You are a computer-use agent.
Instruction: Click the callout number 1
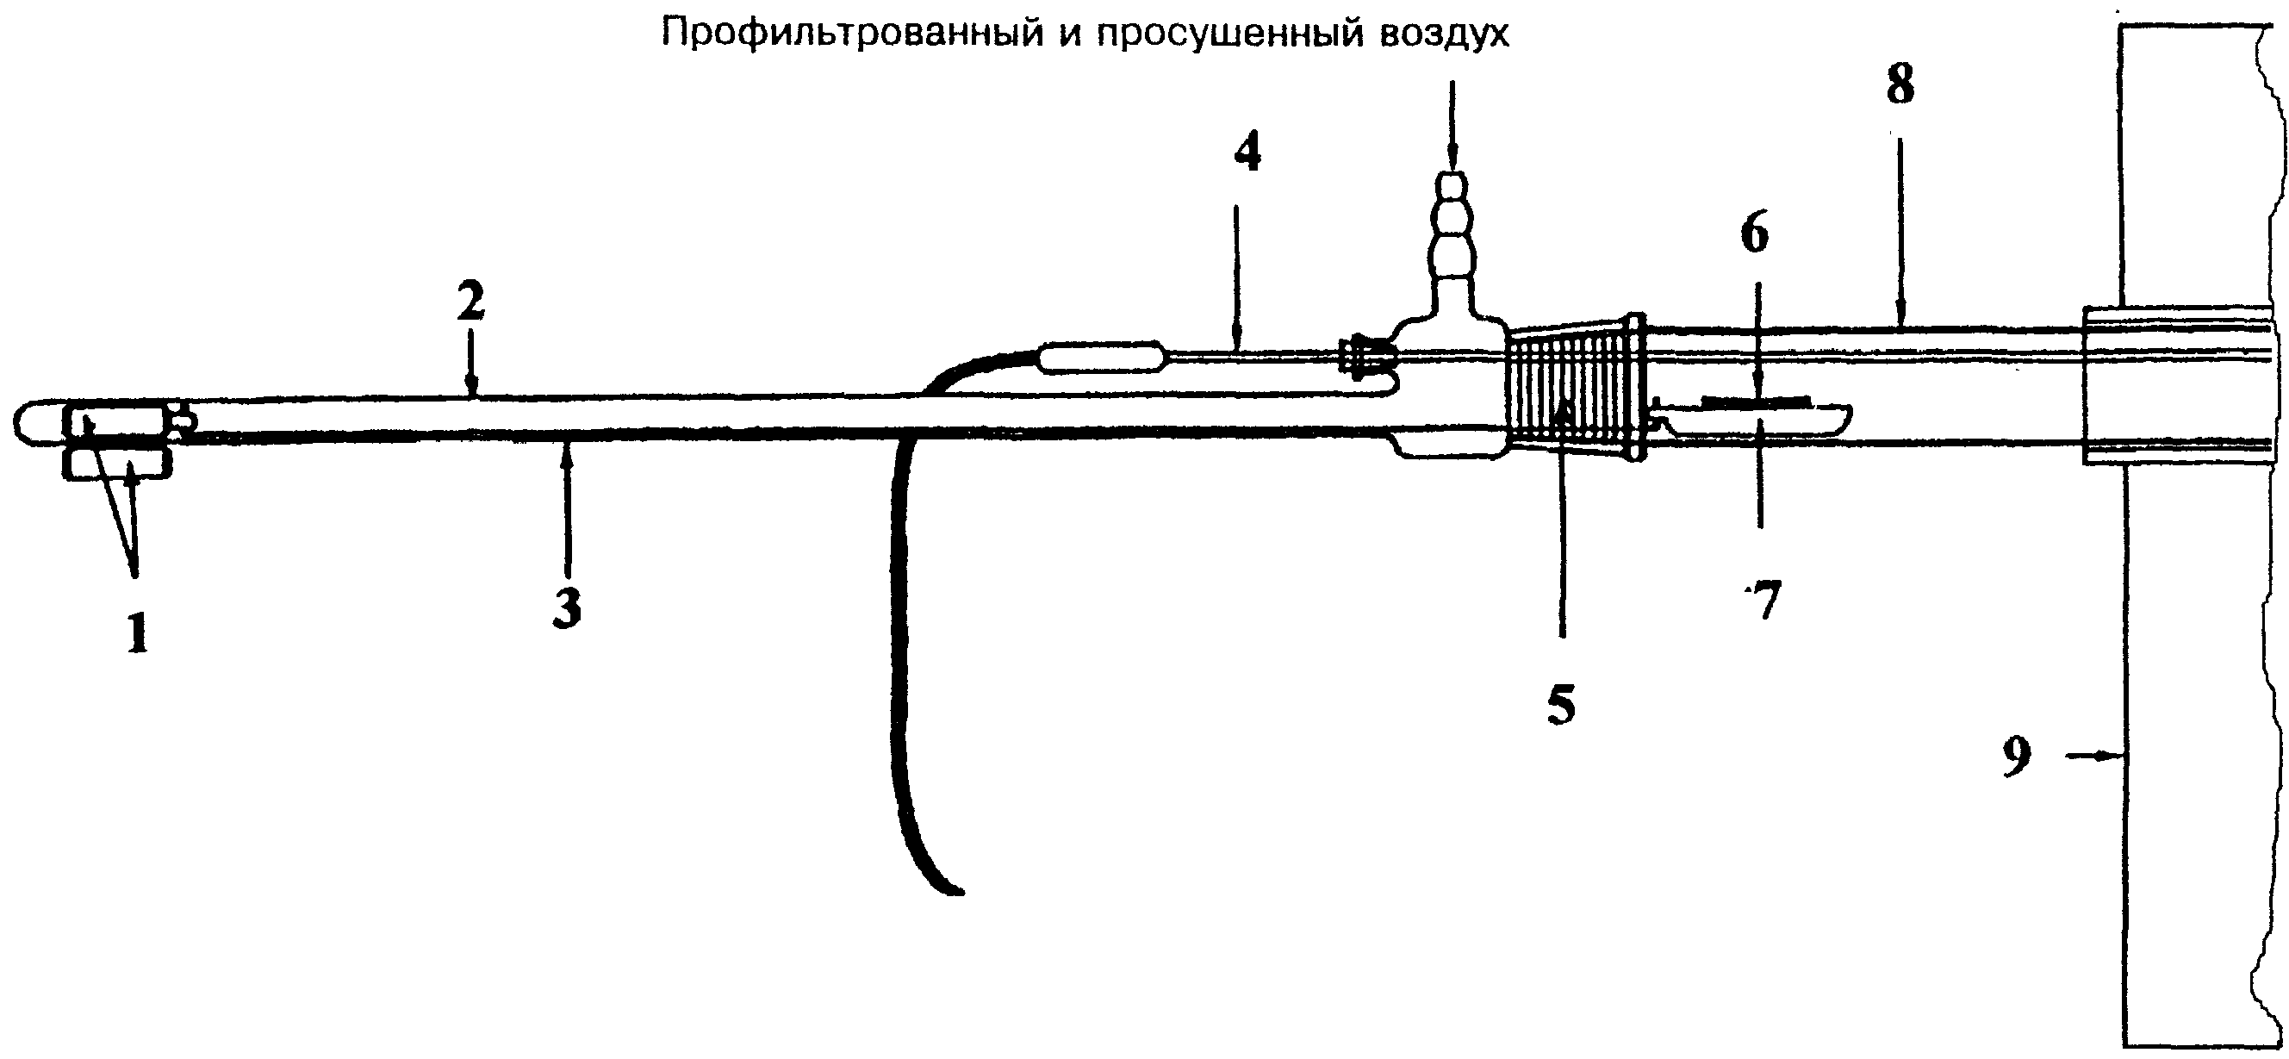(x=137, y=634)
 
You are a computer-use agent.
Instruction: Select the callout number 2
(x=472, y=302)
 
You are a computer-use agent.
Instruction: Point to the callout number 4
(x=1247, y=153)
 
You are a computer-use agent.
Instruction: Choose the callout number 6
(x=1754, y=234)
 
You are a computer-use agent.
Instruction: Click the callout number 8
(x=1900, y=85)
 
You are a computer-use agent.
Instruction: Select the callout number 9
(x=2016, y=757)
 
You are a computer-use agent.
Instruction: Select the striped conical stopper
(x=1574, y=388)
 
